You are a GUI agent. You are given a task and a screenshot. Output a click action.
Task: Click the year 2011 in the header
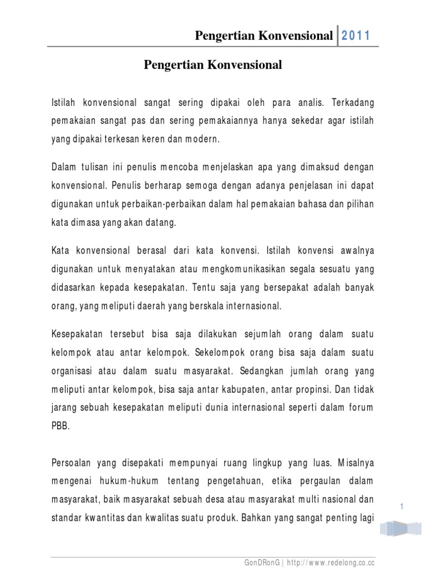(x=356, y=36)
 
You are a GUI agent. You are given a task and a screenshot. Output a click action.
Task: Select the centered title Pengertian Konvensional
(x=213, y=65)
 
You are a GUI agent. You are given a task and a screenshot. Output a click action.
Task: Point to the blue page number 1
(x=400, y=505)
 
